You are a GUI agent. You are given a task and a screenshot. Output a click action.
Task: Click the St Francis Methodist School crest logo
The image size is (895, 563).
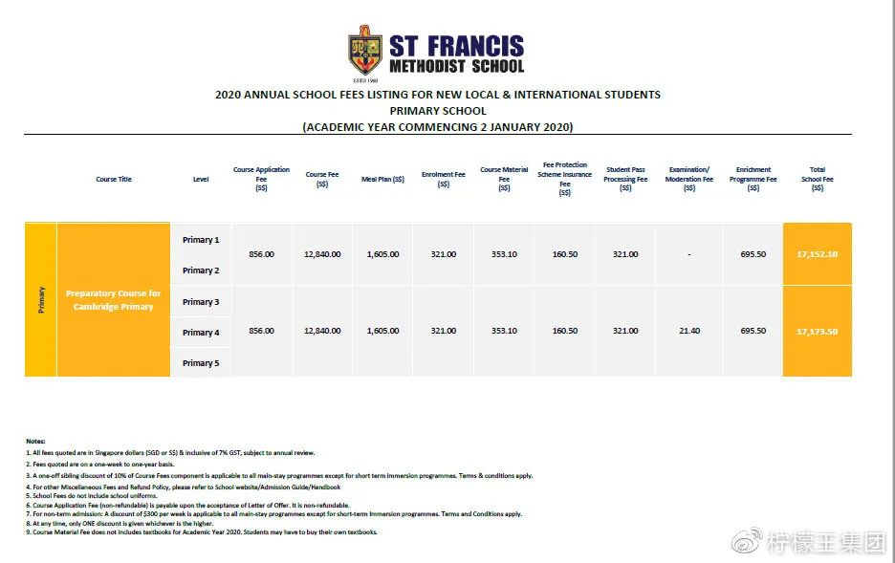[365, 52]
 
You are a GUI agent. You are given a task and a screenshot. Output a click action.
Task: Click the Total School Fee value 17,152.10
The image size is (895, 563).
[817, 254]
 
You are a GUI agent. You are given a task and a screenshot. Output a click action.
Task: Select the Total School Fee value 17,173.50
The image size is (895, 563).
[817, 331]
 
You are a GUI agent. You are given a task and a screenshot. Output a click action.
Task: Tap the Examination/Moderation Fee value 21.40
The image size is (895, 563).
[688, 331]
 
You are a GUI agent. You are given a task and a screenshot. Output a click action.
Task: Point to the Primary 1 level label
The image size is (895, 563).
[201, 240]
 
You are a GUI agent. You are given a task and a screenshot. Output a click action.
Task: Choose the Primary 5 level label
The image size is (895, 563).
[201, 363]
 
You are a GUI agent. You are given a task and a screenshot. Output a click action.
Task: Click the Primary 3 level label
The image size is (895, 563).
[201, 302]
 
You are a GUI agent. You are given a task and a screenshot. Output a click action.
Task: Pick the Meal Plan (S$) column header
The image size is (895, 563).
[382, 179]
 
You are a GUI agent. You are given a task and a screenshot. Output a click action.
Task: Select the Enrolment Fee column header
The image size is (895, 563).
[444, 179]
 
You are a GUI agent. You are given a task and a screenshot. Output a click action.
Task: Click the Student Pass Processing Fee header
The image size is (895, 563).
[625, 179]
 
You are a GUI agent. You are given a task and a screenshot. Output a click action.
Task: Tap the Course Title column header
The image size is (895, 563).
[114, 179]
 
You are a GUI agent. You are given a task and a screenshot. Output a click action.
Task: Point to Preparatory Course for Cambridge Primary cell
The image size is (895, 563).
[114, 300]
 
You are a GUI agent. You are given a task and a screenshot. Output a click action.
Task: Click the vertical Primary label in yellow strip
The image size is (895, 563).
[41, 300]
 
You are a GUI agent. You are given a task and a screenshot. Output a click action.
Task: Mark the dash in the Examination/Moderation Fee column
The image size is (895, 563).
[688, 255]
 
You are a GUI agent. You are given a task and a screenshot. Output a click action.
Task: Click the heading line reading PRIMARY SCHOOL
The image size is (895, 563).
[437, 111]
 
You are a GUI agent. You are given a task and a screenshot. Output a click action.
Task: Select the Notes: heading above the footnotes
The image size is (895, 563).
[35, 441]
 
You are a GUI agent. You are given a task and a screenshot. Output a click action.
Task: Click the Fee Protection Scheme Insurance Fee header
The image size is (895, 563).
[564, 179]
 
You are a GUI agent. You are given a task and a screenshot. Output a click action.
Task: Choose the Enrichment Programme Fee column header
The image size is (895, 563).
[753, 179]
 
